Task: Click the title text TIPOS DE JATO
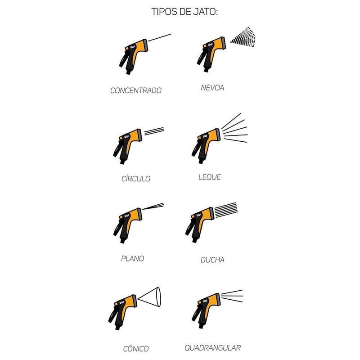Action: pos(184,12)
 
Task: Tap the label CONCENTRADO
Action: pos(136,90)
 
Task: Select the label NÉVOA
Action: pos(212,87)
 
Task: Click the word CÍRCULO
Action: pos(136,178)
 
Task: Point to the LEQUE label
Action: pos(210,177)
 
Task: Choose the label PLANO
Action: pos(132,258)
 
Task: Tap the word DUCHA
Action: pos(212,260)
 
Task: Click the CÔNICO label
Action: pos(136,349)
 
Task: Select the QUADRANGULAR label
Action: pos(213,348)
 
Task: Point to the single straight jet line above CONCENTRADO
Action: pos(160,37)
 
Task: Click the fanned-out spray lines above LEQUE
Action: pos(234,128)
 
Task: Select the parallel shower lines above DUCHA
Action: pos(226,210)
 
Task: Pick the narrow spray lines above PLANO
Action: pos(153,206)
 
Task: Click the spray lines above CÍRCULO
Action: pos(154,131)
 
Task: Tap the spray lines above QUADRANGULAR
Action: pos(232,296)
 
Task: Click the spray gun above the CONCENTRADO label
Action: pos(133,57)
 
